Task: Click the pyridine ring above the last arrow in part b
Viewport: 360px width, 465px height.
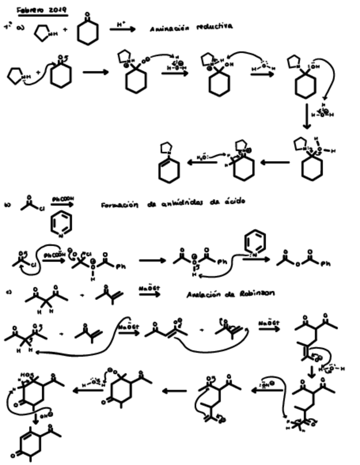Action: click(255, 241)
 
